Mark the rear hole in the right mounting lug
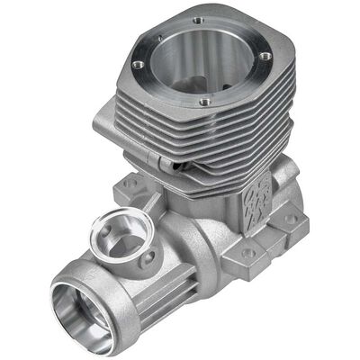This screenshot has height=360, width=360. click(x=291, y=219)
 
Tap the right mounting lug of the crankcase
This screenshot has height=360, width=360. click(x=270, y=238)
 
